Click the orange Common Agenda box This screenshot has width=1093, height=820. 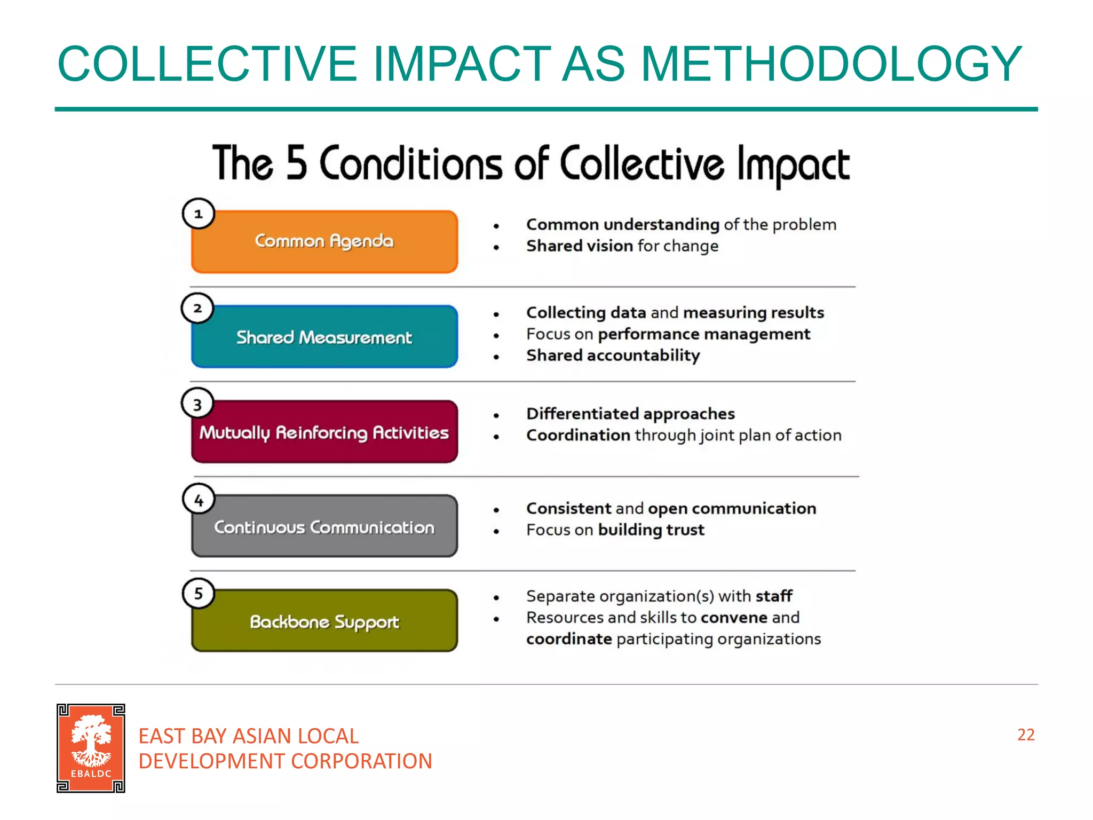click(324, 242)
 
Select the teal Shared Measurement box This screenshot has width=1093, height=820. click(324, 337)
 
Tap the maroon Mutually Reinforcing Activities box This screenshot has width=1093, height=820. click(324, 432)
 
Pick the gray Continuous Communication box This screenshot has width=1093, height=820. click(324, 526)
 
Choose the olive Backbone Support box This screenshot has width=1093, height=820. click(324, 621)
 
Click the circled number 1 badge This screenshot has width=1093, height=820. click(199, 214)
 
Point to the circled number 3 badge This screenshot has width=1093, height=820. click(197, 404)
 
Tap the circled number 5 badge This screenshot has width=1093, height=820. click(199, 594)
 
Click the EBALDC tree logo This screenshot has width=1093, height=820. click(91, 748)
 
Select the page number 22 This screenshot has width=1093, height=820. click(1026, 735)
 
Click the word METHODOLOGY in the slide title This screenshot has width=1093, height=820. click(831, 64)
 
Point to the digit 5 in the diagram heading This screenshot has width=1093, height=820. click(297, 163)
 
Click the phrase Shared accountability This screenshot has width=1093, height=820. click(613, 356)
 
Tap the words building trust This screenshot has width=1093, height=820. click(651, 530)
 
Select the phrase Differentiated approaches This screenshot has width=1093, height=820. click(630, 414)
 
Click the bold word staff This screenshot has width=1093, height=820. click(774, 596)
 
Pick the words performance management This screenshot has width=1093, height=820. click(704, 334)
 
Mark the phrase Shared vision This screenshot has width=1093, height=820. click(580, 246)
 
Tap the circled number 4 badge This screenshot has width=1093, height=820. click(199, 500)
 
